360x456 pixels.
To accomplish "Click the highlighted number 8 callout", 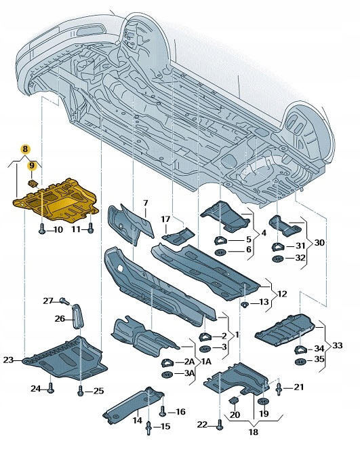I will coord(24,149).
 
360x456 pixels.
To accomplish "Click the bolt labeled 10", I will coord(42,230).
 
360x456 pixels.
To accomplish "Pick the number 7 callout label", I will coord(145,204).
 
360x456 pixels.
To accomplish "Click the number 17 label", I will coord(165,219).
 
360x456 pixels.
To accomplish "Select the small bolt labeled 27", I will coord(63,301).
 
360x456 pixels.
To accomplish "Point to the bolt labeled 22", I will coord(220,425).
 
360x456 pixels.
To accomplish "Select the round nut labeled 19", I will coord(264,403).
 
